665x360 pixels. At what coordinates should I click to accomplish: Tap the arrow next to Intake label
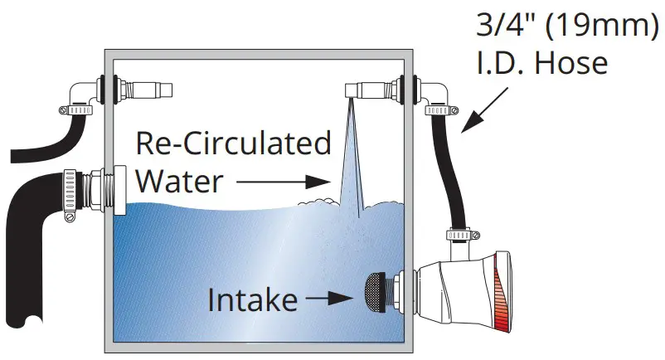[x=328, y=295]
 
